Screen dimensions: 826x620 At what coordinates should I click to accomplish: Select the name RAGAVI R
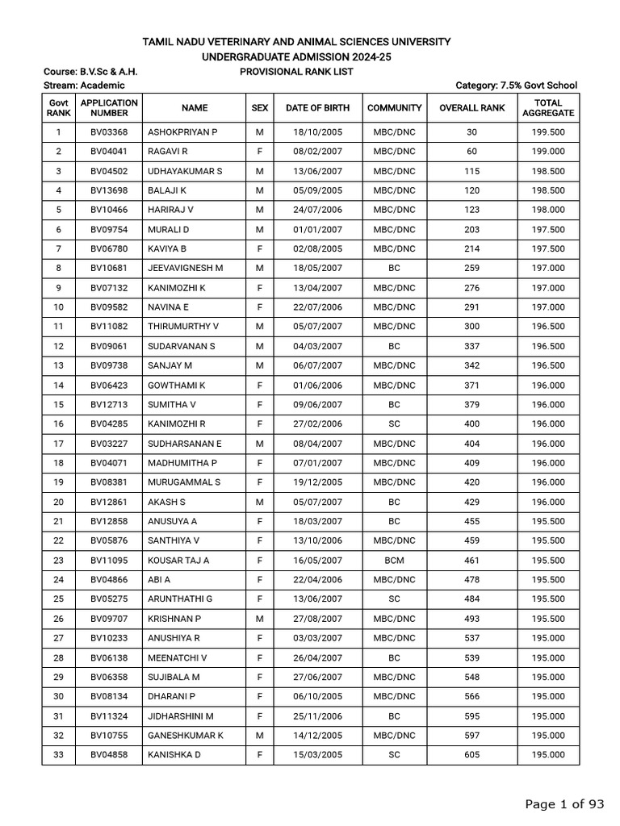point(168,152)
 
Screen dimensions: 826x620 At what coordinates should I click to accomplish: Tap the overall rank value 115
point(472,171)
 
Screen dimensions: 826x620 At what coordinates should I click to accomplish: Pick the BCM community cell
point(394,560)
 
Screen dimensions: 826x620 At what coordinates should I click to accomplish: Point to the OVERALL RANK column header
point(472,107)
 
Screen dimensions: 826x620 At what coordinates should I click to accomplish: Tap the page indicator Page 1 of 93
point(564,803)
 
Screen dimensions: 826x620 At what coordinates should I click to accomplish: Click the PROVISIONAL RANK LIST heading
point(296,72)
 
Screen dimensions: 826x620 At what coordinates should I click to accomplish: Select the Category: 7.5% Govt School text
point(516,86)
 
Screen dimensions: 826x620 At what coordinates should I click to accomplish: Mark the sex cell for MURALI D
point(259,229)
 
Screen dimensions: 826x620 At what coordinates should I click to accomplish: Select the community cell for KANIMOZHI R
point(394,423)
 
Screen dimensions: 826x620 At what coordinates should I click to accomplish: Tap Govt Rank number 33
point(58,755)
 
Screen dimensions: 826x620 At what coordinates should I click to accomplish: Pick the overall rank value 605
point(472,755)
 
